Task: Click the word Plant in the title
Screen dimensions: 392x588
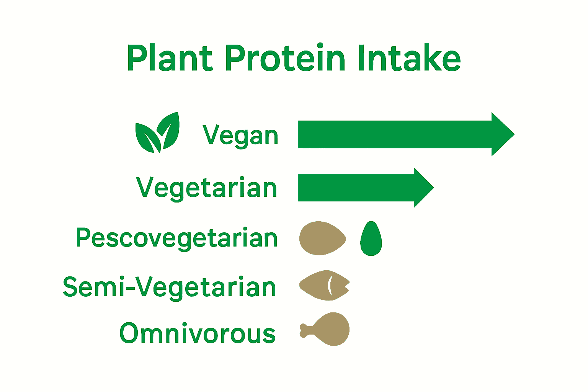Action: pyautogui.click(x=169, y=58)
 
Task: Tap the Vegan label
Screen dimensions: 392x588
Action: pyautogui.click(x=240, y=135)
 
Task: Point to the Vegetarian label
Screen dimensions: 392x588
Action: pyautogui.click(x=207, y=188)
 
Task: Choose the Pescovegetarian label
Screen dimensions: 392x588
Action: pyautogui.click(x=176, y=238)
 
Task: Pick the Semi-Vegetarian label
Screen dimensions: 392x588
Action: pyautogui.click(x=169, y=287)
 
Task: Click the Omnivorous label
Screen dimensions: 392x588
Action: pyautogui.click(x=197, y=333)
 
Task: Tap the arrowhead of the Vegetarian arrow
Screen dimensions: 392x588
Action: pyautogui.click(x=422, y=188)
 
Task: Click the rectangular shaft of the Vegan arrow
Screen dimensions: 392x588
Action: pyautogui.click(x=394, y=134)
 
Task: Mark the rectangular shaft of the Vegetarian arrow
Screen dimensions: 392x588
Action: pyautogui.click(x=356, y=188)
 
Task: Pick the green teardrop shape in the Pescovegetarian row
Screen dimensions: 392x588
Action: pyautogui.click(x=371, y=240)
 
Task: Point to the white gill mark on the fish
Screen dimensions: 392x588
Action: pyautogui.click(x=329, y=286)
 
